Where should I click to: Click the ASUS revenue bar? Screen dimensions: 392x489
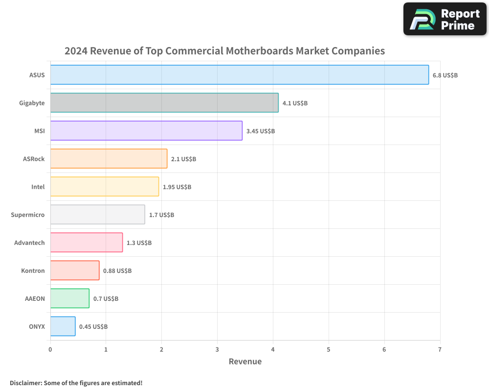click(x=240, y=75)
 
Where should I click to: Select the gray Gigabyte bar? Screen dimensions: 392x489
click(x=164, y=103)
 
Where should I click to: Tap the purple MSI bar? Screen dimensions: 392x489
click(x=146, y=131)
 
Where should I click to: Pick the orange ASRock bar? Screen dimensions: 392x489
click(x=109, y=159)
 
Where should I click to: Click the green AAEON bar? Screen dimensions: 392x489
click(x=70, y=298)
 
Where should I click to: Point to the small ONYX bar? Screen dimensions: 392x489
click(x=63, y=326)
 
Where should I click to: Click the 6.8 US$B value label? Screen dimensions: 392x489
click(x=445, y=75)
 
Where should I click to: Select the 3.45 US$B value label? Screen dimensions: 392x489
click(x=261, y=131)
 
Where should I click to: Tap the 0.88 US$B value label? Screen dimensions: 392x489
click(x=117, y=270)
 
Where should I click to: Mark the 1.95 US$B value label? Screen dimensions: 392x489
click(x=177, y=187)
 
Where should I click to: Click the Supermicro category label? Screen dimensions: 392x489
click(x=28, y=215)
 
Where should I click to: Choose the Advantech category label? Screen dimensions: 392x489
click(x=29, y=243)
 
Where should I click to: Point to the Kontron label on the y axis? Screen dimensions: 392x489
click(x=33, y=270)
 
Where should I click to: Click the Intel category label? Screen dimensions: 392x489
click(x=38, y=187)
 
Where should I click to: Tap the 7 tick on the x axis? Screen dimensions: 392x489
click(x=440, y=349)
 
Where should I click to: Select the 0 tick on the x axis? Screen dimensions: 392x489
click(x=50, y=349)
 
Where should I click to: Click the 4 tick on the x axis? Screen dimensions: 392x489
click(x=273, y=349)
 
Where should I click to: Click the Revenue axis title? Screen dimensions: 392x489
click(x=245, y=362)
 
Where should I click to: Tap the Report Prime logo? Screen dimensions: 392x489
click(x=445, y=19)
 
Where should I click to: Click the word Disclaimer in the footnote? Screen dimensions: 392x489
click(x=25, y=383)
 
